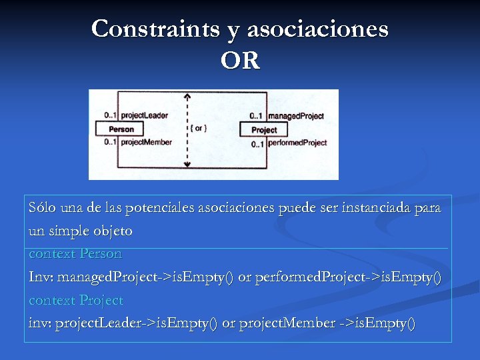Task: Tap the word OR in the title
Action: pyautogui.click(x=240, y=61)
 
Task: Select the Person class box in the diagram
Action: pyautogui.click(x=121, y=129)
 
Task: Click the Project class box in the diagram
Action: pyautogui.click(x=264, y=129)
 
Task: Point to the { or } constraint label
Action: pyautogui.click(x=198, y=128)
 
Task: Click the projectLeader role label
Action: pyautogui.click(x=145, y=115)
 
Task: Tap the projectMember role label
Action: pyautogui.click(x=146, y=142)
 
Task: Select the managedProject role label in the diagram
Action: pyautogui.click(x=295, y=116)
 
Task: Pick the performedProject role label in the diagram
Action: pyautogui.click(x=297, y=143)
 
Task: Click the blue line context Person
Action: pyautogui.click(x=75, y=254)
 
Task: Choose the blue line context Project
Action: pyautogui.click(x=76, y=301)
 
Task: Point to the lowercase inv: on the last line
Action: pyautogui.click(x=39, y=324)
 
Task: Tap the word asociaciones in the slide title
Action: pyautogui.click(x=317, y=29)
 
